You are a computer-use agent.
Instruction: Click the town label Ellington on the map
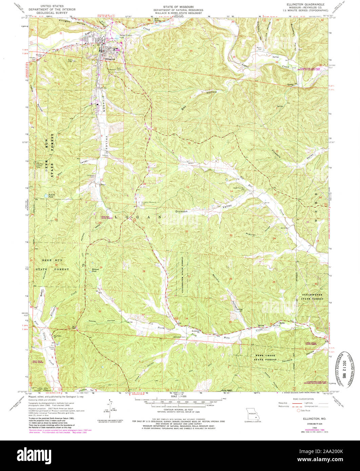(111, 59)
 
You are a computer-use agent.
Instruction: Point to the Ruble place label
(281, 323)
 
